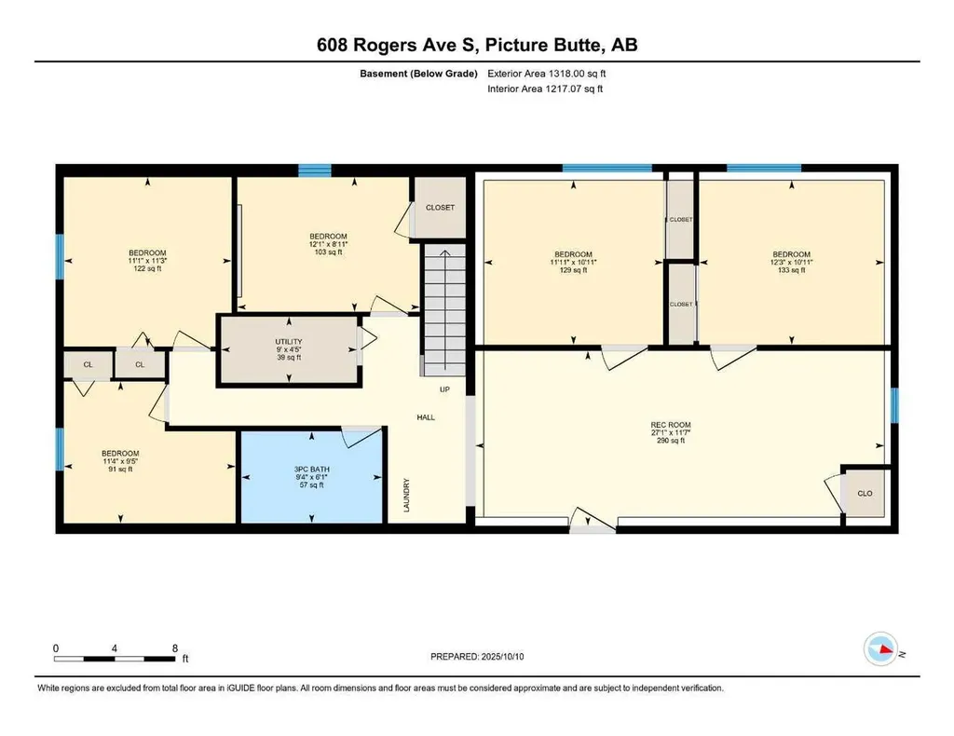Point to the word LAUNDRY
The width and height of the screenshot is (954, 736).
pyautogui.click(x=407, y=495)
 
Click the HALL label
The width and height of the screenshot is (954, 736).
pyautogui.click(x=426, y=417)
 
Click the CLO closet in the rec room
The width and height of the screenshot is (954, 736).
pyautogui.click(x=865, y=493)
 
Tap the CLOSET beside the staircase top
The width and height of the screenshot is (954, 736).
pyautogui.click(x=440, y=208)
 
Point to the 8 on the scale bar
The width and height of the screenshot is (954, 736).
pyautogui.click(x=174, y=647)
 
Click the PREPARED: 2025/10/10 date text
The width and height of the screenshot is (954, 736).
pyautogui.click(x=484, y=657)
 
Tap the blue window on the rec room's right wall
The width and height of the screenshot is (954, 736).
pyautogui.click(x=894, y=405)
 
